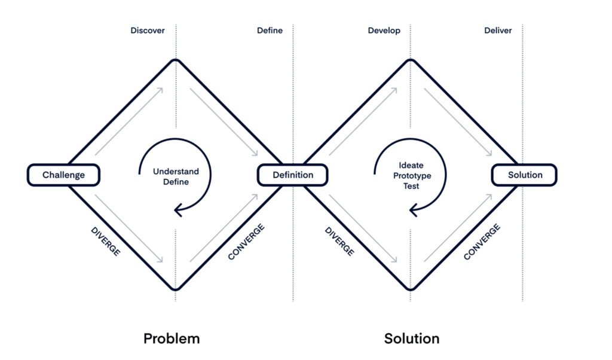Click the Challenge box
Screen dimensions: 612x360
tap(63, 175)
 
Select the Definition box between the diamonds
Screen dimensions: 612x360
tap(293, 175)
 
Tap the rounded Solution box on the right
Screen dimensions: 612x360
tap(525, 175)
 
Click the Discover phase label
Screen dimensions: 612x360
tap(148, 30)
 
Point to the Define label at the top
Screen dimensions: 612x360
tap(270, 30)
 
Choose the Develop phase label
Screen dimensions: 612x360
tap(384, 30)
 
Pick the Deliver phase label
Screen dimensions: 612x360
tap(498, 30)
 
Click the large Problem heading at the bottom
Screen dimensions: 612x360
tap(172, 338)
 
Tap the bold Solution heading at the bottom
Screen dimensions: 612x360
tap(412, 338)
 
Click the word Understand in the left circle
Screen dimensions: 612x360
tap(176, 172)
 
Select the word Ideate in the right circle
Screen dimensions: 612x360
tap(411, 165)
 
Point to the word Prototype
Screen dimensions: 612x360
tap(412, 176)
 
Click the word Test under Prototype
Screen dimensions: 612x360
tap(411, 186)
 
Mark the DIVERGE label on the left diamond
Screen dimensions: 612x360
tap(106, 242)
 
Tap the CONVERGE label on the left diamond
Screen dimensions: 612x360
tap(246, 242)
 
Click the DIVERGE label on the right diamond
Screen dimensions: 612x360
tap(339, 242)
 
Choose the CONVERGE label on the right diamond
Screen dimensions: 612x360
tap(482, 242)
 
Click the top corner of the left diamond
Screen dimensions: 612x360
tap(176, 60)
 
